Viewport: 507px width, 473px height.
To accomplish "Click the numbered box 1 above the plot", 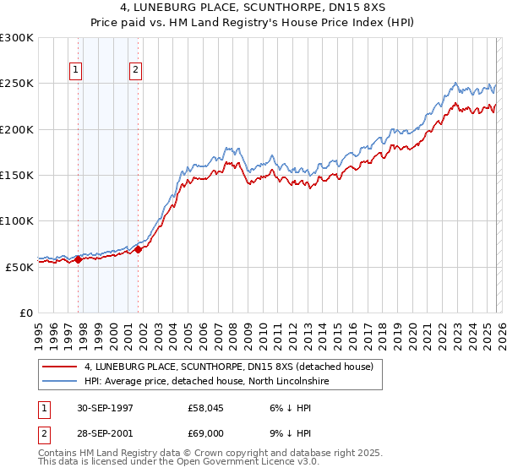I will [x=77, y=71].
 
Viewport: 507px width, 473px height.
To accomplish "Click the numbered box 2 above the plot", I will [x=135, y=71].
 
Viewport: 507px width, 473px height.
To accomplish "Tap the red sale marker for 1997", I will [x=79, y=259].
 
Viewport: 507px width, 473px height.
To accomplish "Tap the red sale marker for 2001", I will [x=138, y=249].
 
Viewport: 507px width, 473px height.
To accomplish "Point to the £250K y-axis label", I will [x=17, y=84].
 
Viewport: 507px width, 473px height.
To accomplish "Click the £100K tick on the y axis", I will [x=17, y=220].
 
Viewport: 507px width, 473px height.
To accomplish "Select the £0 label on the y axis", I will [x=25, y=313].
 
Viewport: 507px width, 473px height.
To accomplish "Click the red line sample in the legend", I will [x=61, y=367].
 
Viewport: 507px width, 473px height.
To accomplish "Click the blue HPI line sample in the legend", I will [x=61, y=381].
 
